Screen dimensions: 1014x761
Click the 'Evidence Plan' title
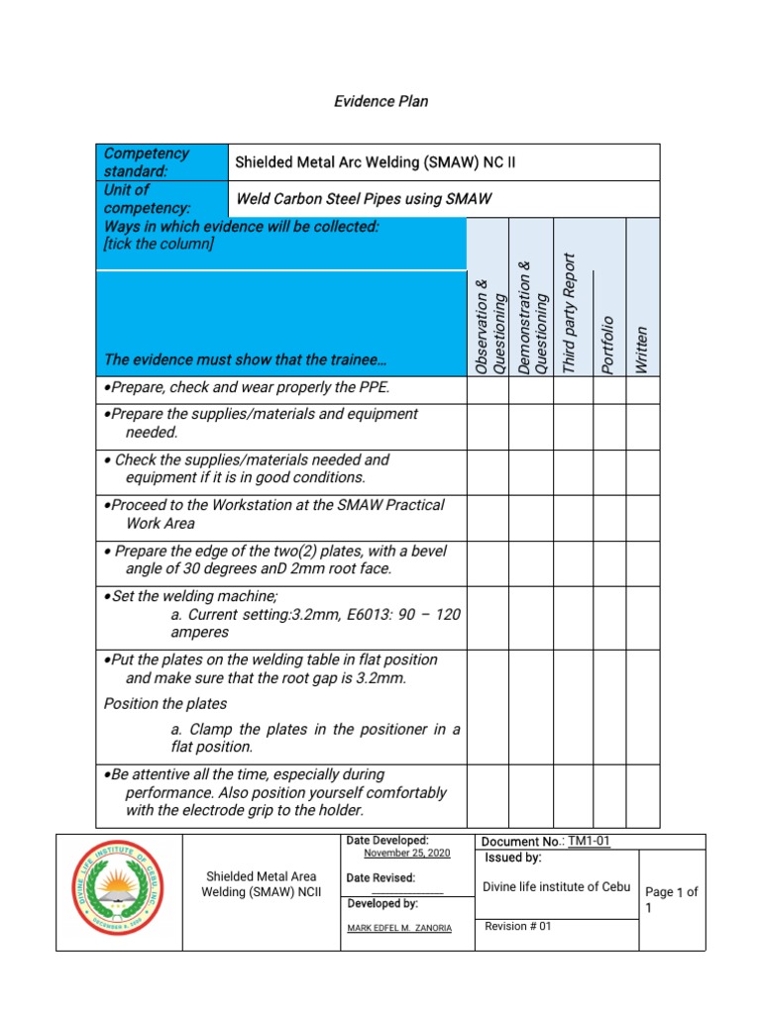click(380, 101)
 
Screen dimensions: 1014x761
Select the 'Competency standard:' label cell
click(162, 162)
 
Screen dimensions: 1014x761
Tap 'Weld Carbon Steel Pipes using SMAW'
click(364, 199)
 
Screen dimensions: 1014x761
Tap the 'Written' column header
click(641, 351)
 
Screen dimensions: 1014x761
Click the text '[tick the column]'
click(155, 245)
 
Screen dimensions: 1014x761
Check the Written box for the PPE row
click(642, 390)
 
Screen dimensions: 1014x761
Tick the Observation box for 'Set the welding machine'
click(489, 618)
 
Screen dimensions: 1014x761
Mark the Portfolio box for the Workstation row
click(609, 518)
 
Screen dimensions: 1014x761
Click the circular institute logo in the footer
click(119, 892)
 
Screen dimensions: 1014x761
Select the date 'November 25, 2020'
click(406, 853)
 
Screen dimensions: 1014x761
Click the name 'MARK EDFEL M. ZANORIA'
click(399, 928)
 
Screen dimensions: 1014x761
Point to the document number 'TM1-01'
click(590, 842)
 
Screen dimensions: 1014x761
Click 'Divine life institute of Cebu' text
click(558, 886)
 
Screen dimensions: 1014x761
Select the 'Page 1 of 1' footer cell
click(671, 899)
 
